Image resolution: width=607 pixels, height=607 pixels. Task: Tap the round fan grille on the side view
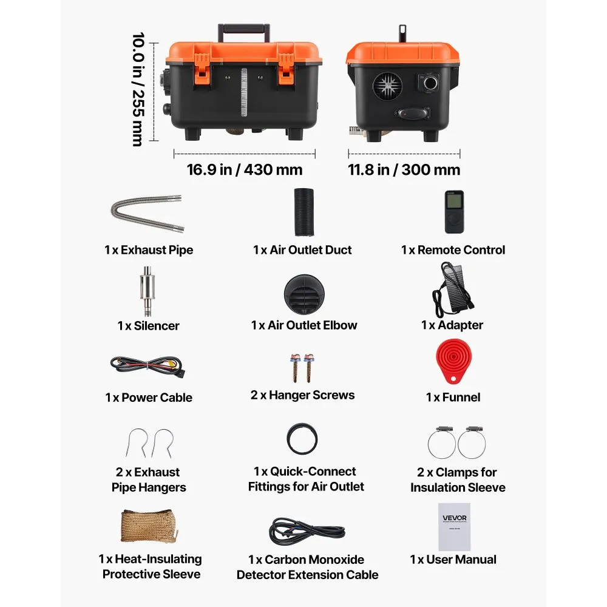387,86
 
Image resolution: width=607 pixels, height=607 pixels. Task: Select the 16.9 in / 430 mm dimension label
244,169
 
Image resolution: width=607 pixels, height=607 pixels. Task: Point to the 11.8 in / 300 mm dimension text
404,169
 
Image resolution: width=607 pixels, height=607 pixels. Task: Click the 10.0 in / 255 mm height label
138,89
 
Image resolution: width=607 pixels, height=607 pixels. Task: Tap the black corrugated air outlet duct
304,212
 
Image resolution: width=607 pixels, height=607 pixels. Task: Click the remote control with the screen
454,211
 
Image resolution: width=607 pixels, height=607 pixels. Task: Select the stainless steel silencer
147,291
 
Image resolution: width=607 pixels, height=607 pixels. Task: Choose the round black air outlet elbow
304,295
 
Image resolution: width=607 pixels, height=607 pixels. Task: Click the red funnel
453,361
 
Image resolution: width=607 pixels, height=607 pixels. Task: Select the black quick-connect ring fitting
302,439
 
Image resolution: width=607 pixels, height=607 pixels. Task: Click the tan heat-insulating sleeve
150,526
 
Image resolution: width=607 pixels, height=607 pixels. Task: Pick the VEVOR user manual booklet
454,526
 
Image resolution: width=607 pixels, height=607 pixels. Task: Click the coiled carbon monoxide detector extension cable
307,531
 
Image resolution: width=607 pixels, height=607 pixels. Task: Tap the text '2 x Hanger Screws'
303,395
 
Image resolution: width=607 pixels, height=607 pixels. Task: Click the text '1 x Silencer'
148,325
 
